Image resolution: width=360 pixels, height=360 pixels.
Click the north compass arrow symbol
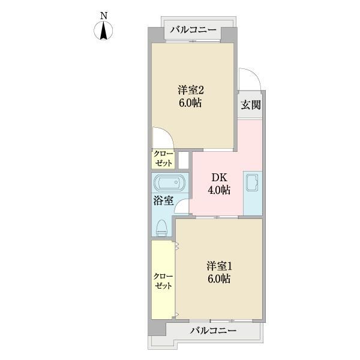pos(103,31)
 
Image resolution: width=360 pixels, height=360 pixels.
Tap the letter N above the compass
pos(104,16)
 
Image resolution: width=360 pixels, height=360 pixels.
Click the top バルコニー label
pos(193,30)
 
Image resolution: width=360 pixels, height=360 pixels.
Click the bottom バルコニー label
pos(213,331)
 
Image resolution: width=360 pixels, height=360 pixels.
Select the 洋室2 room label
pos(191,90)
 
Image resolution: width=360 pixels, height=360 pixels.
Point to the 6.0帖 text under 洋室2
pos(190,103)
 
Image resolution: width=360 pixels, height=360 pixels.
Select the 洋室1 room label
pos(219,266)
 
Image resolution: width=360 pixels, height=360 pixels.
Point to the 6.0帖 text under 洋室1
pos(219,279)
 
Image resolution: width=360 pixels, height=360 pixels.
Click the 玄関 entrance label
pos(251,105)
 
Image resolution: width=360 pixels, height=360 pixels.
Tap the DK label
pos(219,178)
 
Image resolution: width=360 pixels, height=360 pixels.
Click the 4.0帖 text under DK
pos(219,190)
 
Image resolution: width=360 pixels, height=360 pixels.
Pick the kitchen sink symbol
pos(252,182)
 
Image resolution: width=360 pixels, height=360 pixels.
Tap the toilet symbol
pos(161,228)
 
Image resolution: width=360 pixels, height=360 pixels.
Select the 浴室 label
pos(163,201)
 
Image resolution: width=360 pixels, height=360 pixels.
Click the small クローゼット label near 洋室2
pos(163,159)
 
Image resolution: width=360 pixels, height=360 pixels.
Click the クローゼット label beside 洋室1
pos(163,281)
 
